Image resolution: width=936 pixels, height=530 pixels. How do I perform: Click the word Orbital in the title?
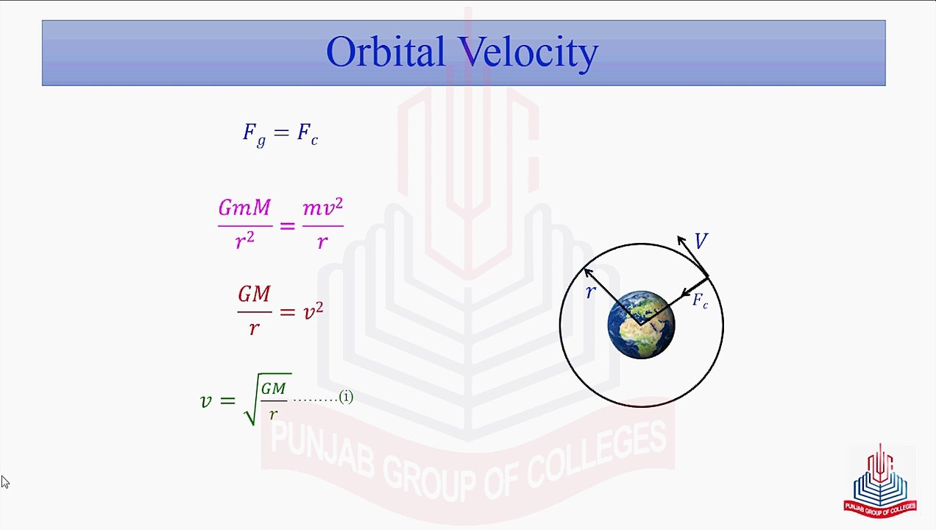click(x=385, y=52)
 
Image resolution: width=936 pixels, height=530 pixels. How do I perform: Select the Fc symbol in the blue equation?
click(x=307, y=133)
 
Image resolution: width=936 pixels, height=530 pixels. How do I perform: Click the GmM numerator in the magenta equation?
click(x=244, y=208)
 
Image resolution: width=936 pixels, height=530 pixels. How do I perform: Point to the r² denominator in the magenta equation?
click(x=244, y=240)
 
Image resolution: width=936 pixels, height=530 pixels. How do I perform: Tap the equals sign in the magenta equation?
click(x=287, y=225)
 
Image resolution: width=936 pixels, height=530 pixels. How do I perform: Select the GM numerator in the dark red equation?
click(x=254, y=294)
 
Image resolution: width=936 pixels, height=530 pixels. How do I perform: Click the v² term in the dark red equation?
click(x=313, y=311)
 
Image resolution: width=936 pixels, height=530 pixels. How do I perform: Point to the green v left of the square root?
click(x=206, y=400)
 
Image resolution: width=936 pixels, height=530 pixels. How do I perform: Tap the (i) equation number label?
click(x=346, y=397)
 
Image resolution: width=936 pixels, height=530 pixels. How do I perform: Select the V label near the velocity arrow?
click(x=701, y=241)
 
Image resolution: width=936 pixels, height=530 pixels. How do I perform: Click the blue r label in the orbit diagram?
click(x=590, y=293)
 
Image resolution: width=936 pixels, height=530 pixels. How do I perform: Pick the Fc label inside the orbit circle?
click(x=700, y=300)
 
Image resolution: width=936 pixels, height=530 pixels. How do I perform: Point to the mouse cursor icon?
click(x=5, y=482)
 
